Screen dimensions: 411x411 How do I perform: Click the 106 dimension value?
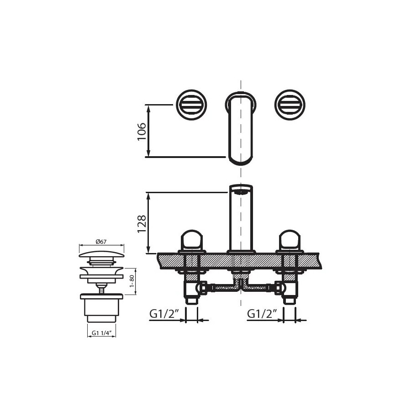click(x=142, y=132)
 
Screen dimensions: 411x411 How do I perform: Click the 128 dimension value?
click(x=142, y=224)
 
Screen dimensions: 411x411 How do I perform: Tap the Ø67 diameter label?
click(x=101, y=242)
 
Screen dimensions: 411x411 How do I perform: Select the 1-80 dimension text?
click(x=132, y=281)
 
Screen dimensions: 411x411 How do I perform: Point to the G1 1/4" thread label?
click(x=102, y=333)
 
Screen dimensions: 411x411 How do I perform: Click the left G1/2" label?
click(x=164, y=314)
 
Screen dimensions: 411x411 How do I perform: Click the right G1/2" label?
click(x=262, y=314)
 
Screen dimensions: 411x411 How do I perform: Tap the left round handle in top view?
click(x=191, y=105)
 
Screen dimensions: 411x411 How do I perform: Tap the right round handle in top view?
click(x=290, y=105)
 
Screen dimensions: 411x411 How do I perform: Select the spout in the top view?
click(x=241, y=128)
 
